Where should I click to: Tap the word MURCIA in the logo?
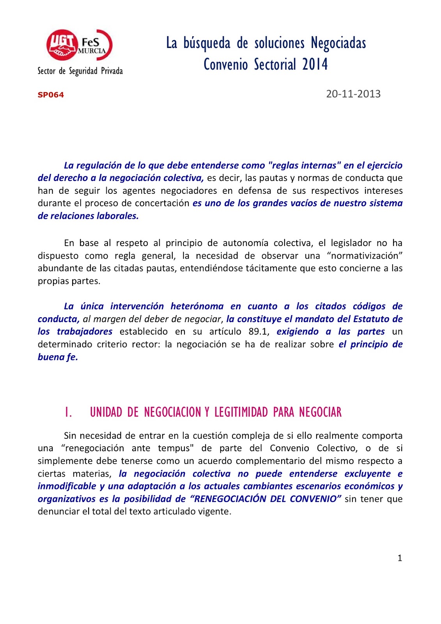[x=92, y=51]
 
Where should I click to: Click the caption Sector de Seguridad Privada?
[x=80, y=71]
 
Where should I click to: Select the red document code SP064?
[x=51, y=95]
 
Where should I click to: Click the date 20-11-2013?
[x=353, y=94]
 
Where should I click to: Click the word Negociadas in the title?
[x=338, y=43]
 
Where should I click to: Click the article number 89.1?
[x=259, y=331]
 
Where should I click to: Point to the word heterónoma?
[x=197, y=306]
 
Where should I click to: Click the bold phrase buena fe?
[x=58, y=357]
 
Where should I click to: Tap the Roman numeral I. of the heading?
[x=68, y=412]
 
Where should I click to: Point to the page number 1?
[x=400, y=558]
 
